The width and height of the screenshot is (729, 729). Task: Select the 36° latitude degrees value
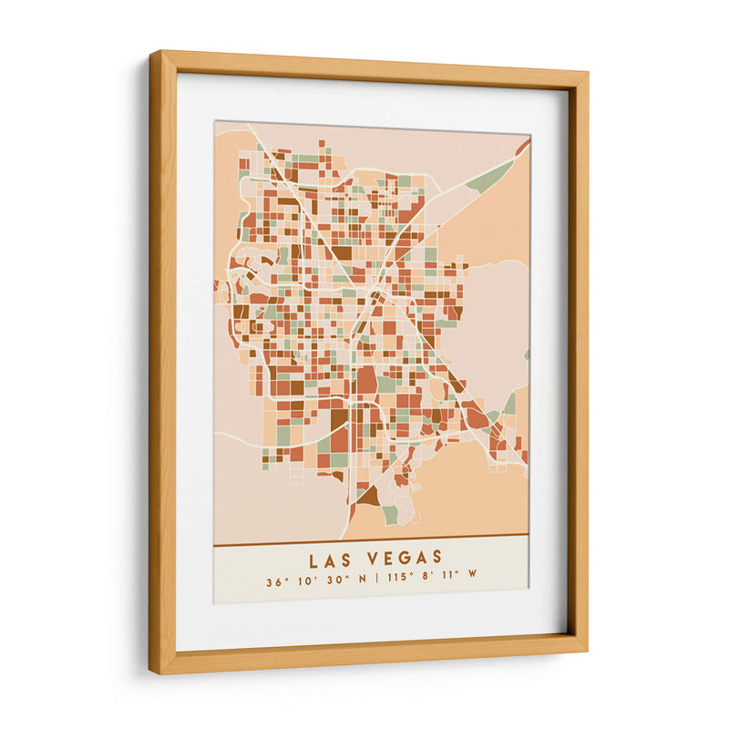[x=274, y=581]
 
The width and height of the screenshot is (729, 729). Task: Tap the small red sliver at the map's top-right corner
[x=522, y=146]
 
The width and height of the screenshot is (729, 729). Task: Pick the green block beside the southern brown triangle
[x=390, y=515]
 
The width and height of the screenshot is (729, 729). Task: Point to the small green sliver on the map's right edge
[x=526, y=354]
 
